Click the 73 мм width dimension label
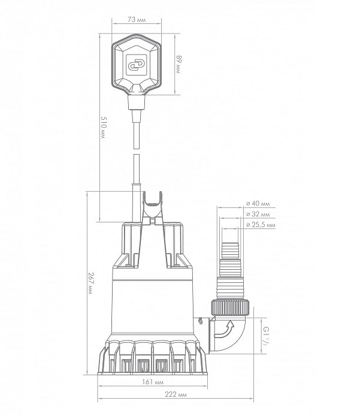(x=137, y=20)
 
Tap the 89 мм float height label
(x=178, y=64)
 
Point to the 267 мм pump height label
(x=91, y=284)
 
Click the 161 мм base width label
(x=153, y=382)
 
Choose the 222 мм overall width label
(x=176, y=394)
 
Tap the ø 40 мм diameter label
(x=258, y=203)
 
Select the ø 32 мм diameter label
(x=258, y=214)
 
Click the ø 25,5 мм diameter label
(x=261, y=225)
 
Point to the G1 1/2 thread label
(x=266, y=336)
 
